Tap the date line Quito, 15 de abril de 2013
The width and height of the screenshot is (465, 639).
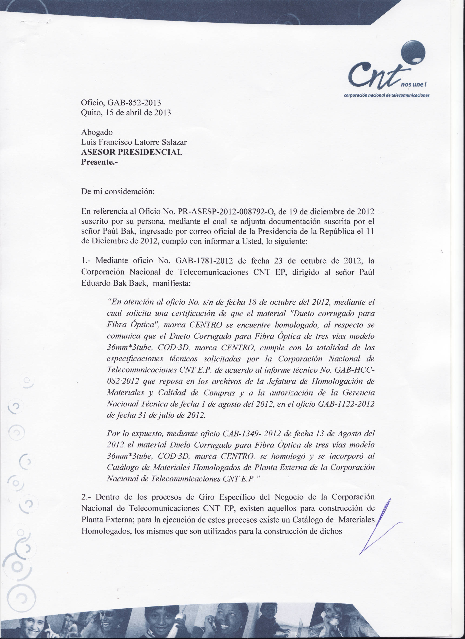126,113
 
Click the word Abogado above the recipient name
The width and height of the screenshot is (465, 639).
97,132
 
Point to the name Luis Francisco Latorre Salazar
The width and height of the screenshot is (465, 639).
134,142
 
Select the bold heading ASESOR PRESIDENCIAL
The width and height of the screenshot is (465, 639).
132,152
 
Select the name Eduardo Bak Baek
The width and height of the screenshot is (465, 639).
114,283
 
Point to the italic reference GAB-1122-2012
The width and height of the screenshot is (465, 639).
346,404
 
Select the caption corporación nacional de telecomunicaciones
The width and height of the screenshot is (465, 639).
386,95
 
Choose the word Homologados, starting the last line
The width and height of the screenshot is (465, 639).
106,531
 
